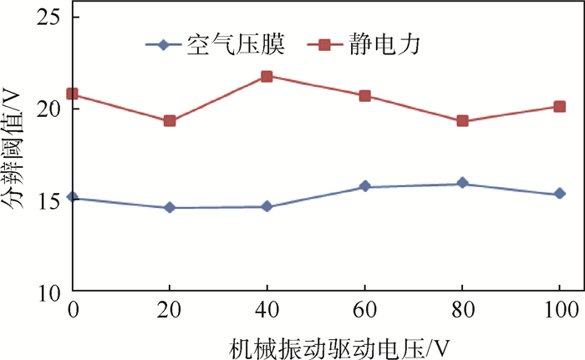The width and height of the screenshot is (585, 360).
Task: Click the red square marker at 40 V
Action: pyautogui.click(x=267, y=76)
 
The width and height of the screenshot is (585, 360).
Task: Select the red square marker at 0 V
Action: pyautogui.click(x=73, y=94)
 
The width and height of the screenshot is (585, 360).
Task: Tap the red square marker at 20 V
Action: pyautogui.click(x=170, y=121)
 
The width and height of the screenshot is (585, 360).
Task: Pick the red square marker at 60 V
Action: pyautogui.click(x=364, y=95)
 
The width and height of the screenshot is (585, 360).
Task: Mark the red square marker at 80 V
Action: pyautogui.click(x=462, y=121)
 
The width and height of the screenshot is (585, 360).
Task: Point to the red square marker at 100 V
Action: pyautogui.click(x=559, y=106)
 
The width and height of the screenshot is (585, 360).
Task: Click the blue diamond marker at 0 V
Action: pyautogui.click(x=73, y=198)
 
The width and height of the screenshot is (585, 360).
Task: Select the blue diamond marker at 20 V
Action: pyautogui.click(x=170, y=207)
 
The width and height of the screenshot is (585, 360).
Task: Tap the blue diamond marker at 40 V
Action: pyautogui.click(x=267, y=206)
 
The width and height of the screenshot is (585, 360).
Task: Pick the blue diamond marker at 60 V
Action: pyautogui.click(x=364, y=186)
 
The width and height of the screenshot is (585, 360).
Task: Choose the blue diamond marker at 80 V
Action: pyautogui.click(x=462, y=184)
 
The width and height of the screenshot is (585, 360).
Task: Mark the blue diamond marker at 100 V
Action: pyautogui.click(x=559, y=194)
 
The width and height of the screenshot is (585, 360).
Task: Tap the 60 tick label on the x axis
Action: pyautogui.click(x=364, y=308)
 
